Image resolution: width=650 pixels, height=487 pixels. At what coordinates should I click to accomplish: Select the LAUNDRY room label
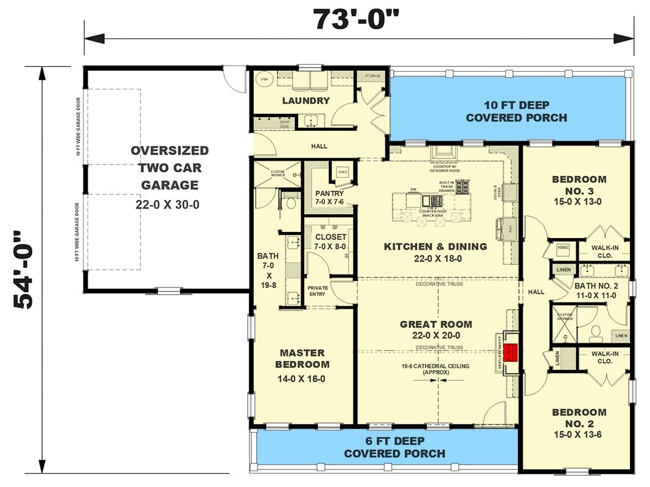[306, 100]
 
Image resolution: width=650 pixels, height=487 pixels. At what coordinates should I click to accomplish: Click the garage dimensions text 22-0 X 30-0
[167, 205]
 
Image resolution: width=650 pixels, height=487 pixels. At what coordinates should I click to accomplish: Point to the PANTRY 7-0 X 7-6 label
[329, 198]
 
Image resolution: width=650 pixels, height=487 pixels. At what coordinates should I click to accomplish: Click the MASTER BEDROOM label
[302, 359]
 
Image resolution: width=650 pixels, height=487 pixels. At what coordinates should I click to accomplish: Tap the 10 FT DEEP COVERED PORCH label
[516, 111]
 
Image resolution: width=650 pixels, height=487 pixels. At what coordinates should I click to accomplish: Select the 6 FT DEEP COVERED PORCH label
[394, 447]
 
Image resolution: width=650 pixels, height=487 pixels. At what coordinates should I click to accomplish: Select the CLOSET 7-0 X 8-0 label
[330, 242]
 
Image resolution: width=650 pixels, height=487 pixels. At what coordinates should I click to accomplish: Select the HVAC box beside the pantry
[342, 172]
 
